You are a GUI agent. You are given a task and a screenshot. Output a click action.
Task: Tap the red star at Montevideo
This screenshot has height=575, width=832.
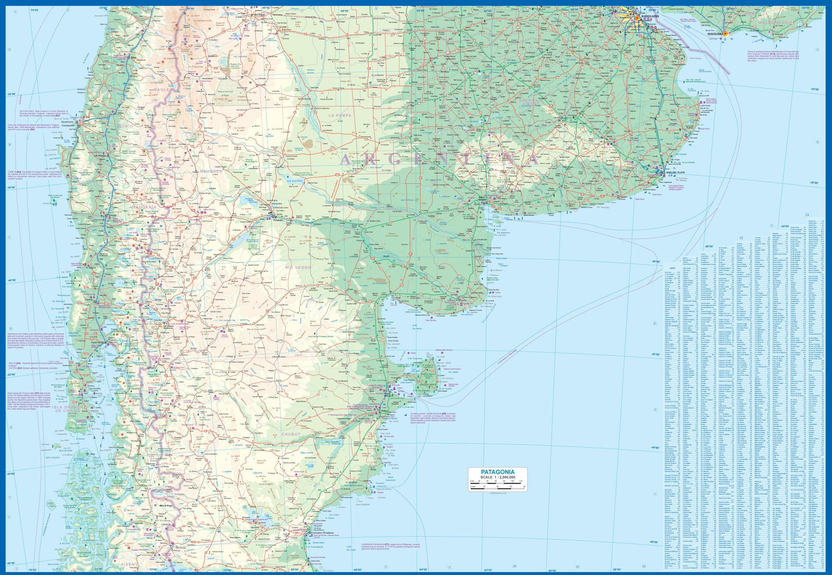[724, 34]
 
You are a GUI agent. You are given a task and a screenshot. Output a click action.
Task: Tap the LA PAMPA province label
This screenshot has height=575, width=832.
[339, 115]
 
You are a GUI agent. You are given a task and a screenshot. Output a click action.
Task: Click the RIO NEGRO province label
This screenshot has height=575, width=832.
[298, 267]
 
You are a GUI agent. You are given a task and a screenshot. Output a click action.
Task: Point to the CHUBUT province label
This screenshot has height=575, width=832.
[291, 435]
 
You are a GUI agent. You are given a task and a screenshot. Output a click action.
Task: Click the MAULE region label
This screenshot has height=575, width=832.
[161, 89]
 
